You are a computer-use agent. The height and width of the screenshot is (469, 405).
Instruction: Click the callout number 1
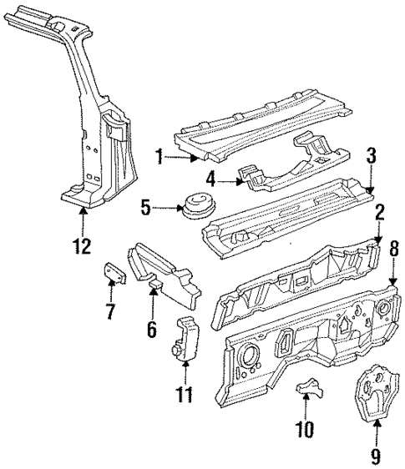pos(156,156)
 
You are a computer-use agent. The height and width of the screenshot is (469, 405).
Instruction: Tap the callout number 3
pos(372,154)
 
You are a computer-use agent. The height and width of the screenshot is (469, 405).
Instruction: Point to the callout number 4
pos(212,177)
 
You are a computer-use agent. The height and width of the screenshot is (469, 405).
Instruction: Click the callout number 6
pos(151,330)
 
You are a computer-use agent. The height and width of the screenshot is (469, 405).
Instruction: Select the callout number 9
pos(375,456)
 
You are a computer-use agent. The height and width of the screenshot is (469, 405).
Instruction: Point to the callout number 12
pos(82,246)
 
